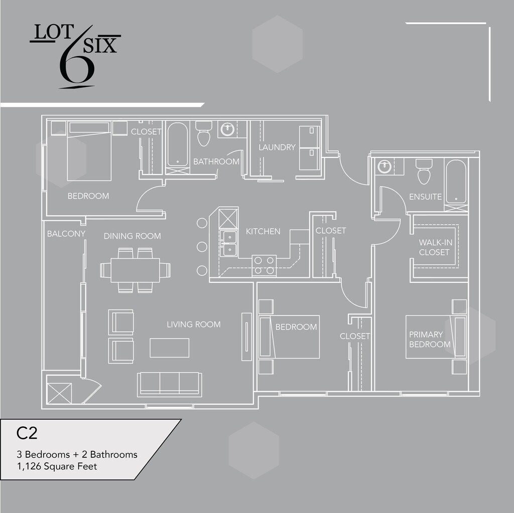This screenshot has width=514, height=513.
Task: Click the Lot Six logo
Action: tap(75, 56)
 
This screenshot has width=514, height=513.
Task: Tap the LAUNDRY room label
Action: tap(277, 147)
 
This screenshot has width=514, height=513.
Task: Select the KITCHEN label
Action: tap(263, 231)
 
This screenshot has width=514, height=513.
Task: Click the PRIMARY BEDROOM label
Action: tap(430, 339)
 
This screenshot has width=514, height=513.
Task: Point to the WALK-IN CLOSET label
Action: tap(435, 247)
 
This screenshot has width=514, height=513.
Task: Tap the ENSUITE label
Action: tap(425, 197)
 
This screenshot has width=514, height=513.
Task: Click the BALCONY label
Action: tap(66, 234)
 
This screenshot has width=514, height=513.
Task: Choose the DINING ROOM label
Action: tap(132, 236)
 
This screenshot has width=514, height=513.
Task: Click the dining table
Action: tap(135, 270)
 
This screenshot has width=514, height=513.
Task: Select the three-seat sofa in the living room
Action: tap(170, 384)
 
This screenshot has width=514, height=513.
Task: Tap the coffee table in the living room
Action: tap(170, 348)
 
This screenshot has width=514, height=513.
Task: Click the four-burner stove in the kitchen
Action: tap(264, 265)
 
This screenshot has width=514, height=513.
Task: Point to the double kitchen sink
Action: tap(229, 243)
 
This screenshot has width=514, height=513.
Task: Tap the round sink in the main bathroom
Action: tap(227, 129)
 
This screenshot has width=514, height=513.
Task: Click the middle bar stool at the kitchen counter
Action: tap(202, 247)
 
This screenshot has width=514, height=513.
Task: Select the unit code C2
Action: tap(27, 433)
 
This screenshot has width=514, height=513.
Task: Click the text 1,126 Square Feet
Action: tap(57, 466)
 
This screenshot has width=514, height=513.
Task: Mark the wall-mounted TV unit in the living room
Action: tap(246, 337)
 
